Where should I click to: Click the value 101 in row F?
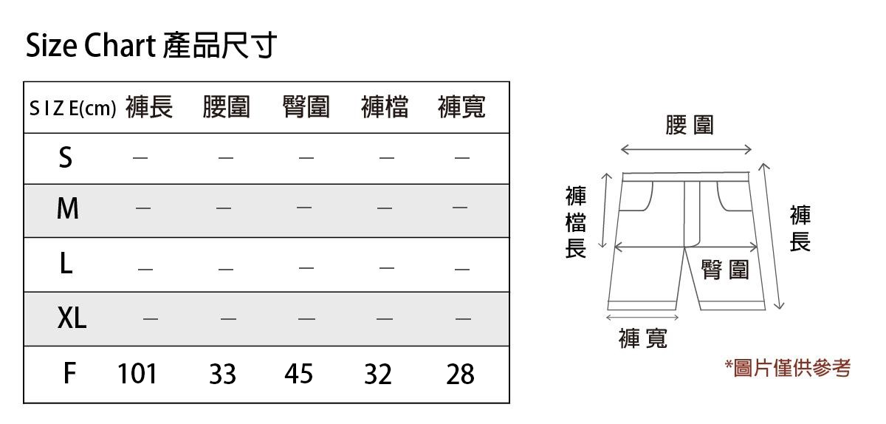tap(137, 375)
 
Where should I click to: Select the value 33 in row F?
tap(222, 375)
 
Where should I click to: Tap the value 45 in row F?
tap(299, 375)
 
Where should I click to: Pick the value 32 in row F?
tap(378, 375)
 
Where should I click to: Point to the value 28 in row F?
tap(460, 375)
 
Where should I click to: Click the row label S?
tap(66, 157)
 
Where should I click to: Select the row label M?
tap(67, 210)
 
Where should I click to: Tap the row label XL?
tap(72, 319)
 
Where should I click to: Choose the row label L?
tap(66, 264)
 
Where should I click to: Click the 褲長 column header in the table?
tap(149, 108)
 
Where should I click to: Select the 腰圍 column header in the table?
tap(227, 108)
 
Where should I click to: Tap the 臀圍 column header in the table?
tap(306, 108)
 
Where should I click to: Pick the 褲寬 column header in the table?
tap(461, 108)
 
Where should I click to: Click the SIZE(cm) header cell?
tap(72, 109)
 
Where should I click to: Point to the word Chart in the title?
tap(118, 47)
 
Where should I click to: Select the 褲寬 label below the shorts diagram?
tap(643, 338)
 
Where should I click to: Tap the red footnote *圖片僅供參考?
tap(787, 367)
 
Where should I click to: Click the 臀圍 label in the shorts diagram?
tap(725, 270)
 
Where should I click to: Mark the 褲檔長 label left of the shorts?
tap(576, 222)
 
